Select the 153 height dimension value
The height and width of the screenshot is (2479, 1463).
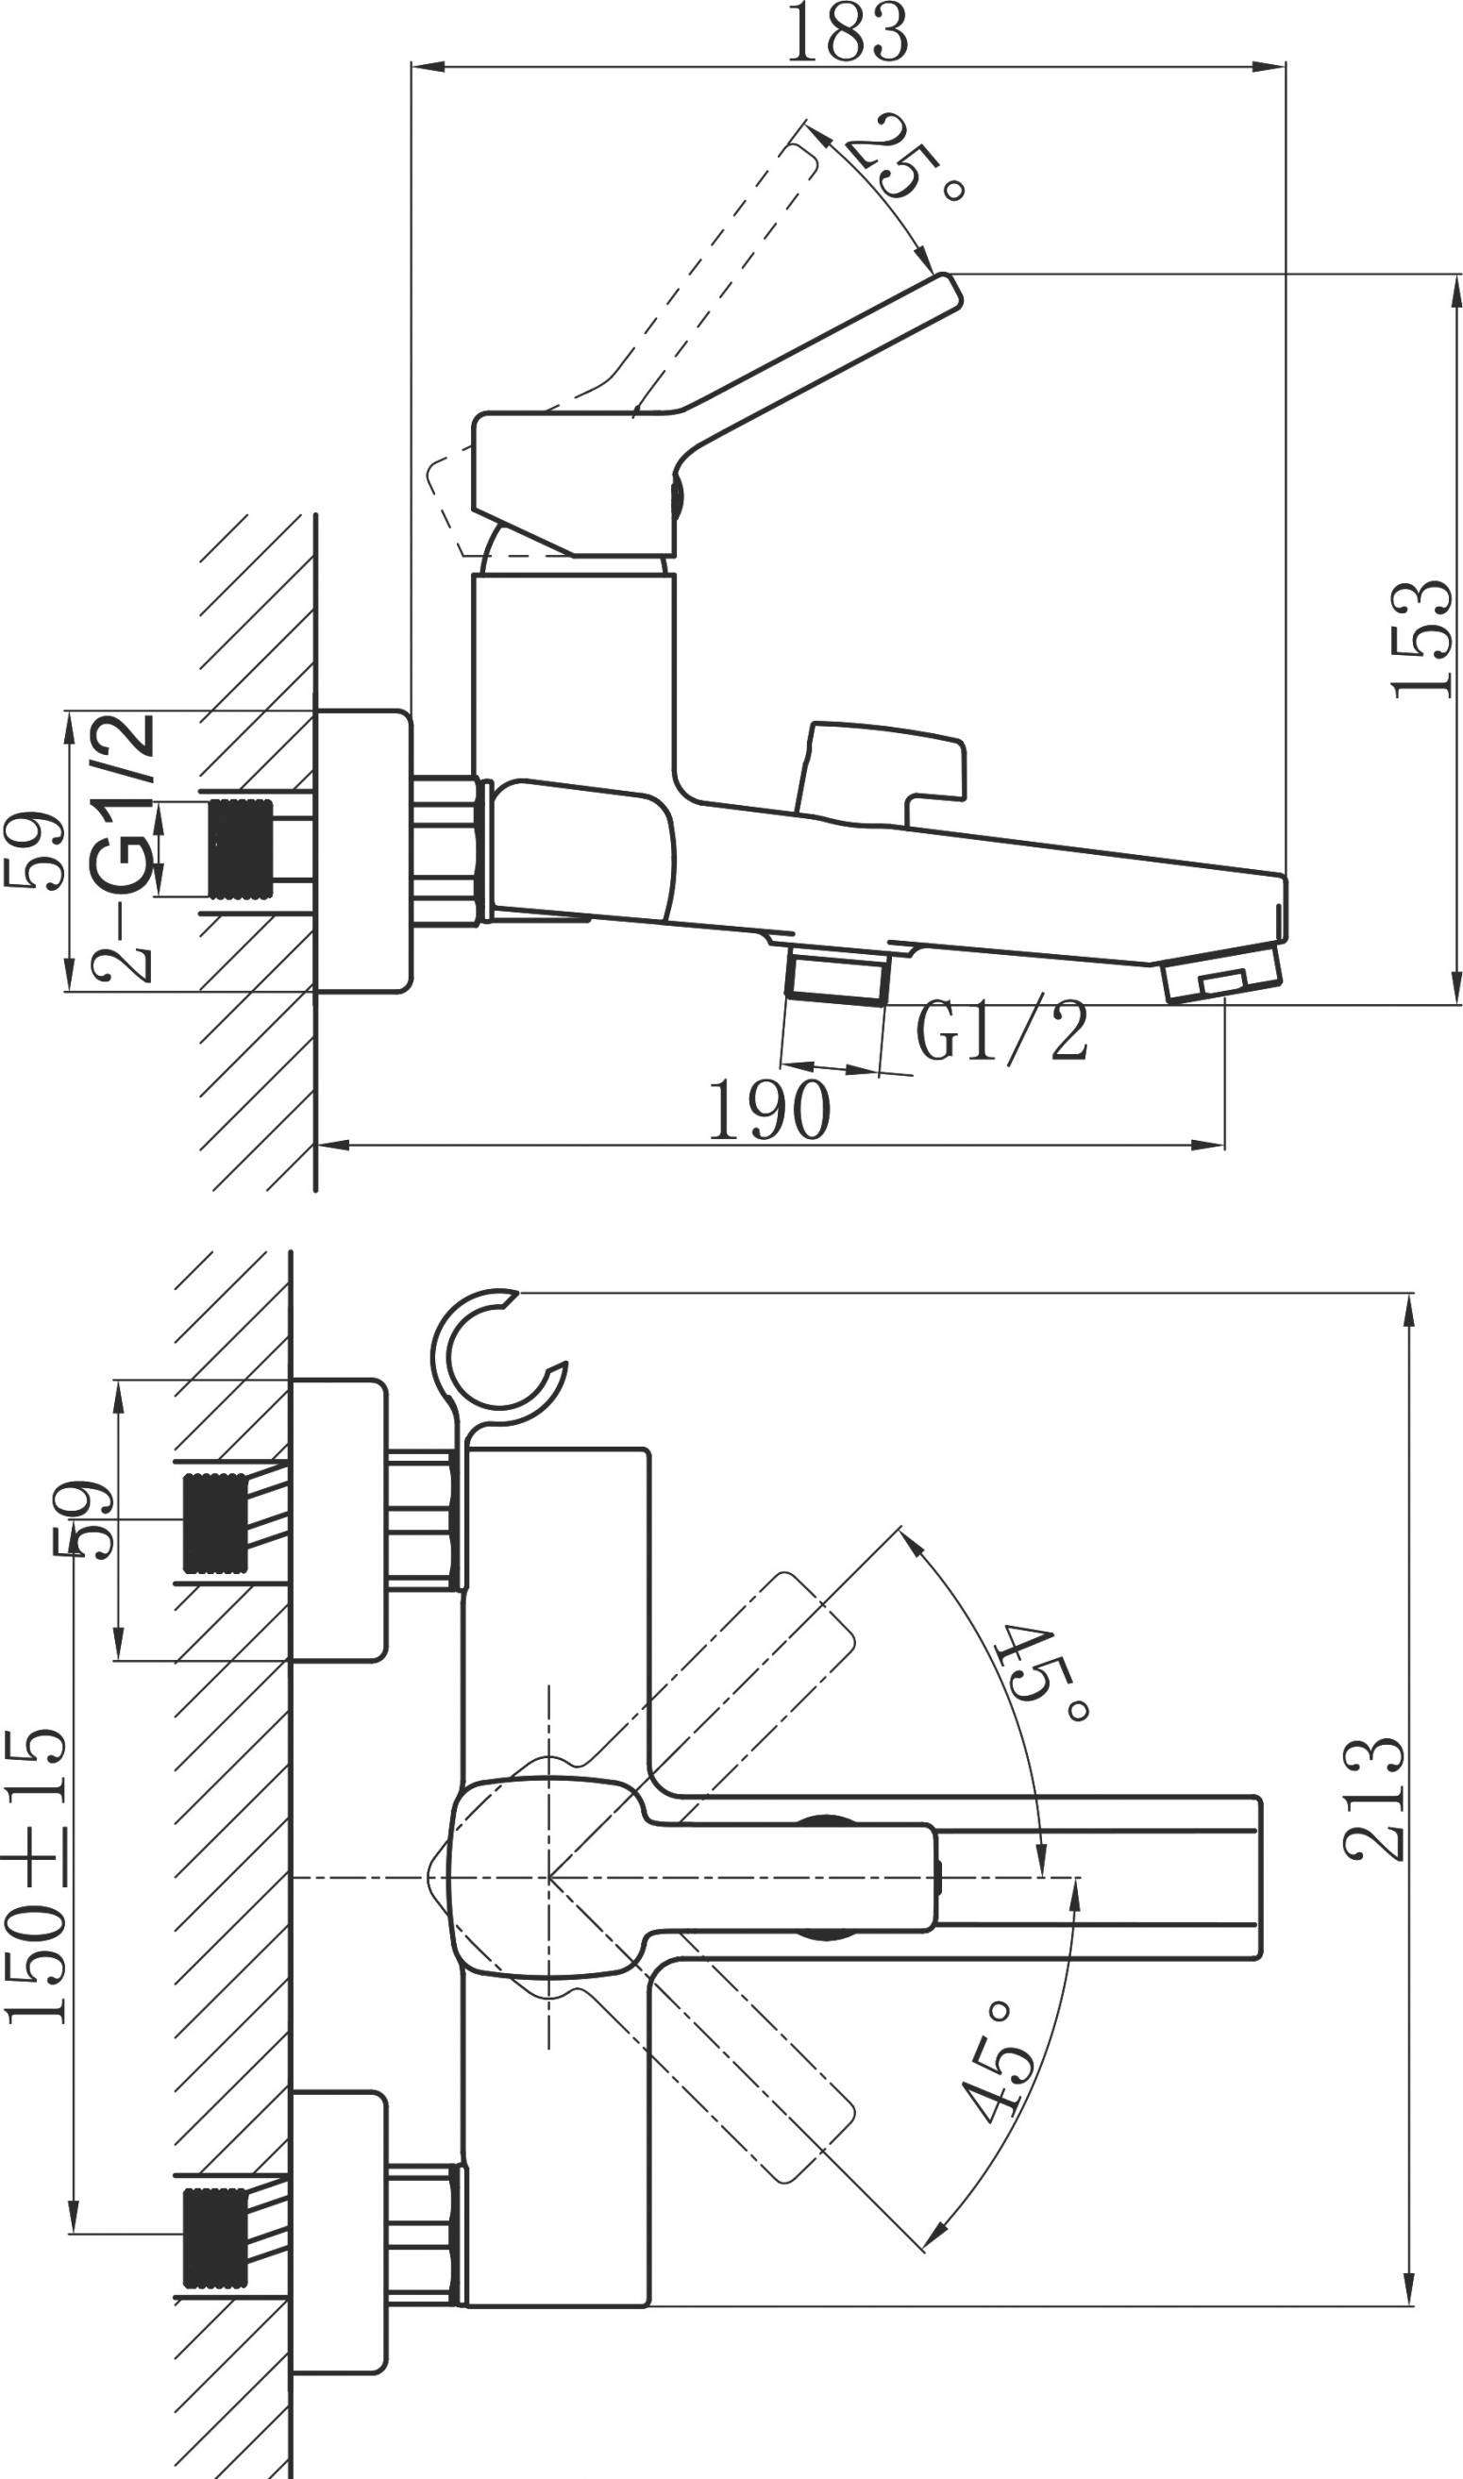(x=1422, y=639)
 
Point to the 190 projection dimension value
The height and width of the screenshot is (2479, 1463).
(x=770, y=1110)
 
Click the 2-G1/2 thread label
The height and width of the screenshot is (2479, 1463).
(x=124, y=846)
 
